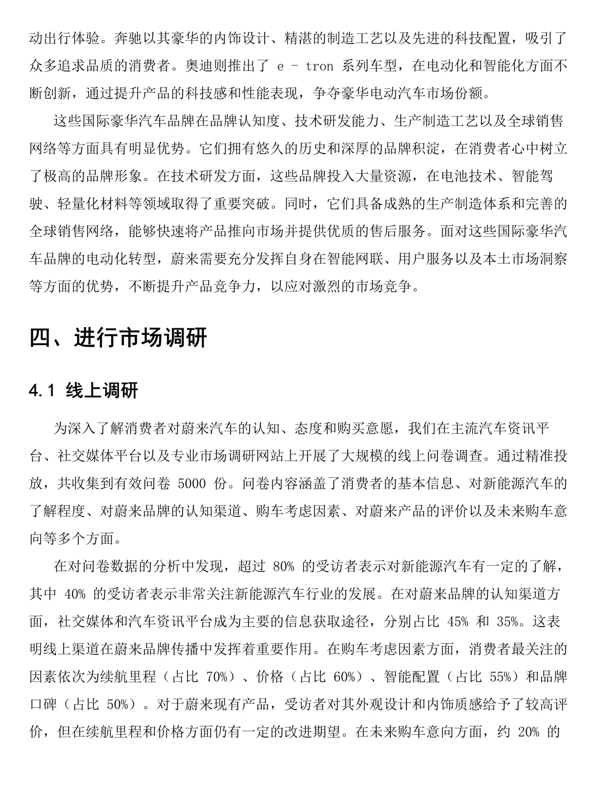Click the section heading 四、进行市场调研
(x=118, y=338)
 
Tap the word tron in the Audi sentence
(x=320, y=66)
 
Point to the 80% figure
(x=284, y=567)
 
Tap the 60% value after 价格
(x=344, y=677)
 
